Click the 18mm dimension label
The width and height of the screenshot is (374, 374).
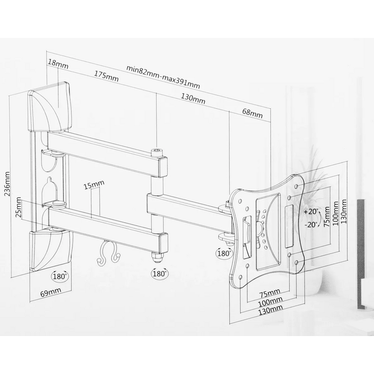(58, 64)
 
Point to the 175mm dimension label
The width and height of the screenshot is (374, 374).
(106, 76)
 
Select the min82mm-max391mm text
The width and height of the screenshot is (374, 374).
(163, 77)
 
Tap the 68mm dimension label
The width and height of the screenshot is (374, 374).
(252, 113)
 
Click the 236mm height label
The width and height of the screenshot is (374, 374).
(8, 184)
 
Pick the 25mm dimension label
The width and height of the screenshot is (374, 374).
(18, 207)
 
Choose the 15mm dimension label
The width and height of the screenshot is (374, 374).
(94, 185)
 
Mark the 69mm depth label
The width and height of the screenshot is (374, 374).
(51, 293)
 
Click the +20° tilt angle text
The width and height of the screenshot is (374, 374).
(311, 212)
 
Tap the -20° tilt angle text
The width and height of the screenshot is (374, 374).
(311, 224)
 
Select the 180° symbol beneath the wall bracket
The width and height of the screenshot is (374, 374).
(59, 277)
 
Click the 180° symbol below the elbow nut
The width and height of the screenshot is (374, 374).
(159, 273)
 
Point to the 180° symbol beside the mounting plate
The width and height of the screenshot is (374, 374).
(224, 253)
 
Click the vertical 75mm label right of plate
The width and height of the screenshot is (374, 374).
(327, 217)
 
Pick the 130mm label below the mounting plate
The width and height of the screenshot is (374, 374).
(271, 309)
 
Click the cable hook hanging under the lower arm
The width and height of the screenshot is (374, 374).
(108, 253)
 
